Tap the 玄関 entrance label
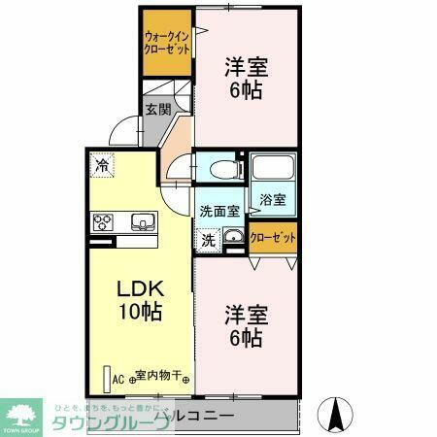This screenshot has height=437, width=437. point(157,110)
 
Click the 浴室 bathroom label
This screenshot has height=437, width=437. point(272,200)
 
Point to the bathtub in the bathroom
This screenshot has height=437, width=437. point(272,169)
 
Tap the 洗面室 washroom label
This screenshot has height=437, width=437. point(218,211)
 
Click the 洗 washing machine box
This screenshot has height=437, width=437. point(208,237)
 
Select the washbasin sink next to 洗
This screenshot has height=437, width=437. point(233,237)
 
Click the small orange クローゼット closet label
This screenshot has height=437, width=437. point(273,236)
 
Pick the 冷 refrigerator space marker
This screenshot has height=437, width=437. point(102,166)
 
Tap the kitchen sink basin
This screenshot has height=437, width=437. point(142,220)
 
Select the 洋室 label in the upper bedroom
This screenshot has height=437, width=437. point(247,67)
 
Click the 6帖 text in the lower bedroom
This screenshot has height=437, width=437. point(245,337)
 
